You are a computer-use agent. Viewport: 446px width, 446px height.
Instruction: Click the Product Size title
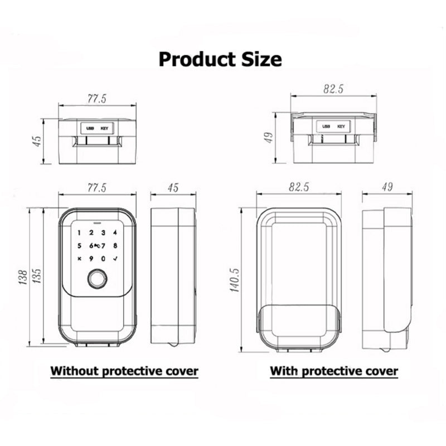[220, 59]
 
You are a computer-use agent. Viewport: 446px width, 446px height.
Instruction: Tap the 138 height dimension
[22, 277]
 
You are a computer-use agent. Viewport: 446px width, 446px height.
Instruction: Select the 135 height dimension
[37, 275]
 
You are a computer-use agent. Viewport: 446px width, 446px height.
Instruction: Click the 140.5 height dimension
[234, 280]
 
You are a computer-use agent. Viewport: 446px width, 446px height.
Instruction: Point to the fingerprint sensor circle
[97, 279]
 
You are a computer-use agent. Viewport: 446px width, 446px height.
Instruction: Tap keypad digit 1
[79, 233]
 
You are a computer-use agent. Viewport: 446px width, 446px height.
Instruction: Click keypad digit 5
[79, 245]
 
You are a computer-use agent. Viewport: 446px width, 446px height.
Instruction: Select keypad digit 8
[115, 245]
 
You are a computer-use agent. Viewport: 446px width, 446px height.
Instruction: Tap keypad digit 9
[91, 259]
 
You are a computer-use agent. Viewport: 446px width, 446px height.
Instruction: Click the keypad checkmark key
[115, 259]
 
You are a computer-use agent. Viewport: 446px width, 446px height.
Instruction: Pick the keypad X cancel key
[79, 259]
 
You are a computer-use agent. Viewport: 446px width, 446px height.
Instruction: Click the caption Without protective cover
[124, 371]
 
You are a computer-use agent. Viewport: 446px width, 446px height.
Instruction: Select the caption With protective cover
[334, 371]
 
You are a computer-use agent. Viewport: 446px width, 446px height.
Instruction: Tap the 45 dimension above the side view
[173, 188]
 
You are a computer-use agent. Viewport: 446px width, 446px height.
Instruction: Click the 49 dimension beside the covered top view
[269, 138]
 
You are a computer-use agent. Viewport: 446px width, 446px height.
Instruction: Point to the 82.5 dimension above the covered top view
[333, 89]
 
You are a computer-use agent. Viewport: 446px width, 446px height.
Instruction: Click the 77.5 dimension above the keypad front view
[96, 188]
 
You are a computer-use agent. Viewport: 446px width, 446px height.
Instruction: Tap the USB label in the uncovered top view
[90, 129]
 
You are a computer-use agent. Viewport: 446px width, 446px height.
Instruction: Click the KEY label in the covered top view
[341, 127]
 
